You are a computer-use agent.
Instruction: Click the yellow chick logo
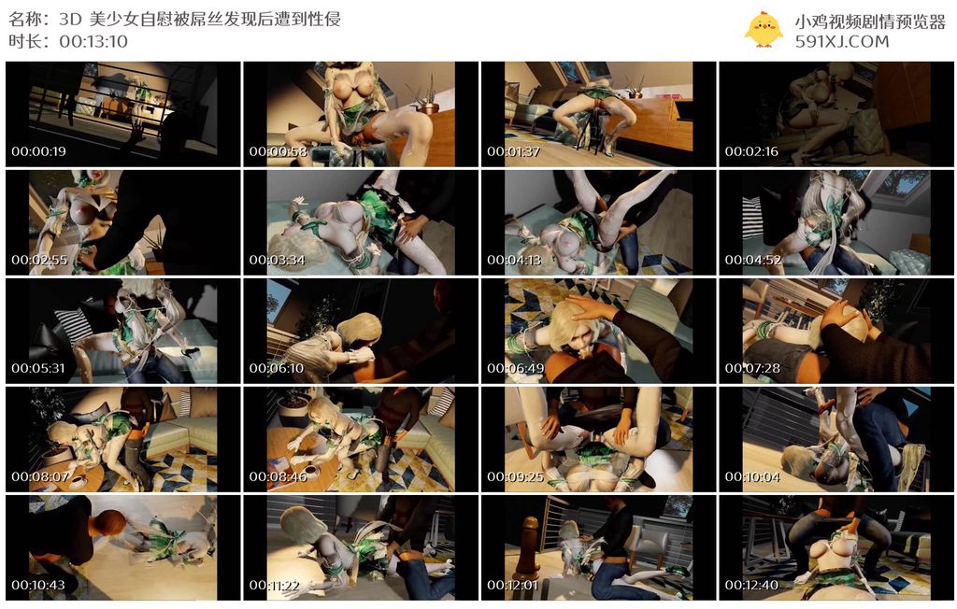(764, 29)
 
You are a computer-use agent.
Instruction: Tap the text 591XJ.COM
(842, 41)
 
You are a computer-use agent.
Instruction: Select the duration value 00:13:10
(93, 41)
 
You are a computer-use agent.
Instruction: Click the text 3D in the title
(70, 19)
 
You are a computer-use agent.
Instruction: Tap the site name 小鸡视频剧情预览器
(870, 21)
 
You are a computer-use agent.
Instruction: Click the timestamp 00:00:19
(38, 151)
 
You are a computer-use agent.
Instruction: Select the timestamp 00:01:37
(513, 151)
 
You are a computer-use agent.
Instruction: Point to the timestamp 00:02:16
(751, 151)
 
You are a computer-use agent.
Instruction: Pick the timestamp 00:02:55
(39, 260)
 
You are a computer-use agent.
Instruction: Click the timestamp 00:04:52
(752, 260)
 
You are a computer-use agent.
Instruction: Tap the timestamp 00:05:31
(37, 368)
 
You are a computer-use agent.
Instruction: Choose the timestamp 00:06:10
(276, 368)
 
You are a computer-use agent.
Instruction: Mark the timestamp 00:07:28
(752, 368)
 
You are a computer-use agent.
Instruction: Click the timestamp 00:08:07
(39, 476)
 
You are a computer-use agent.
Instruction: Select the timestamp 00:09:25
(515, 476)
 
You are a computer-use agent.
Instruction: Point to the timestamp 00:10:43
(38, 585)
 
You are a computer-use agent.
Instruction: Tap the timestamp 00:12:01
(513, 585)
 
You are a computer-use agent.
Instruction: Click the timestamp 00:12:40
(751, 585)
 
